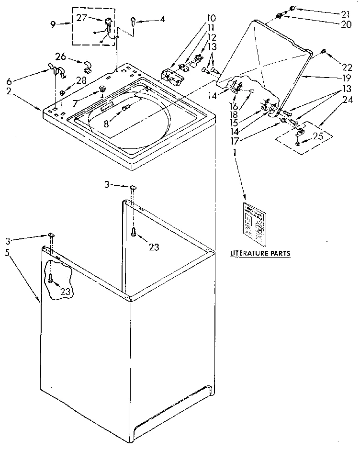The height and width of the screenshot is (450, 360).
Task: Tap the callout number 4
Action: point(163,19)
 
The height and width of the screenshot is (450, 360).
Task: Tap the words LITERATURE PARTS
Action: point(260,253)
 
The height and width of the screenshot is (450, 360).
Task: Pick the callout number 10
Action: point(211,19)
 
